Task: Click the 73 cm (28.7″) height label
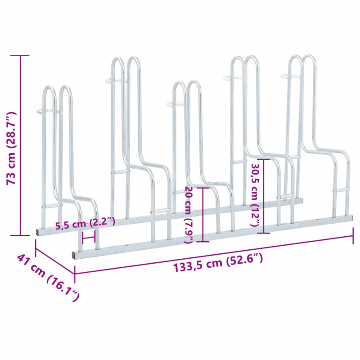coord(12,148)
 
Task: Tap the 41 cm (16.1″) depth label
coord(48,277)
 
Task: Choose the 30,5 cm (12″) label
coord(255,195)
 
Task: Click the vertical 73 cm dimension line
coord(20,145)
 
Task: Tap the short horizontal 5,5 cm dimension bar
coord(88,238)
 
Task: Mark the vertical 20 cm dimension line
coord(203,215)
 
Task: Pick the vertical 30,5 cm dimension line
coord(264,196)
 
